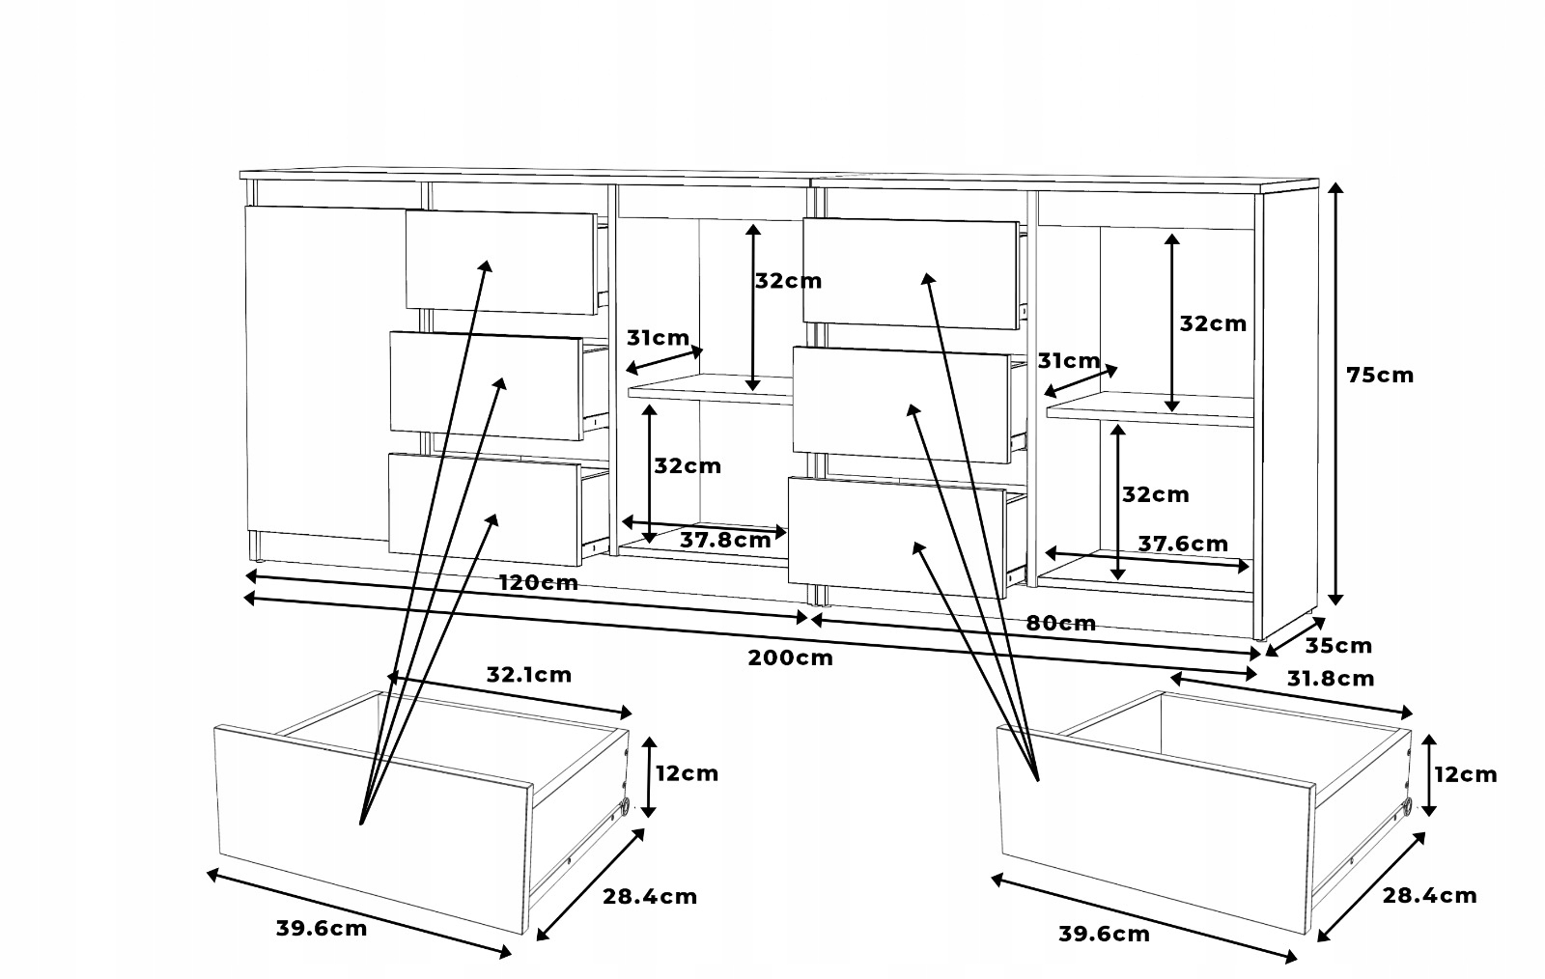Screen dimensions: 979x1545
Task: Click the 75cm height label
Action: [x=1380, y=375]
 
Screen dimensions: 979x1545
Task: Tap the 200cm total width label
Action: [x=790, y=658]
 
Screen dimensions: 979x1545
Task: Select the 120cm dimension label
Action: [x=538, y=582]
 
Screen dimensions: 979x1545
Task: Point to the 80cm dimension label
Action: [x=1060, y=623]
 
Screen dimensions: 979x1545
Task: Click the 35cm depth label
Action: [x=1338, y=646]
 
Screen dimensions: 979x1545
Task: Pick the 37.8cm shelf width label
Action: [x=725, y=540]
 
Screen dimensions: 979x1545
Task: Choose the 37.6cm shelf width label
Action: [x=1183, y=544]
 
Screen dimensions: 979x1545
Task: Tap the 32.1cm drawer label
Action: [x=528, y=675]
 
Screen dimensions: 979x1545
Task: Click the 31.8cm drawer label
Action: [x=1331, y=679]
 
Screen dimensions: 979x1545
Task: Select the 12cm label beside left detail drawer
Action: [x=687, y=773]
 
